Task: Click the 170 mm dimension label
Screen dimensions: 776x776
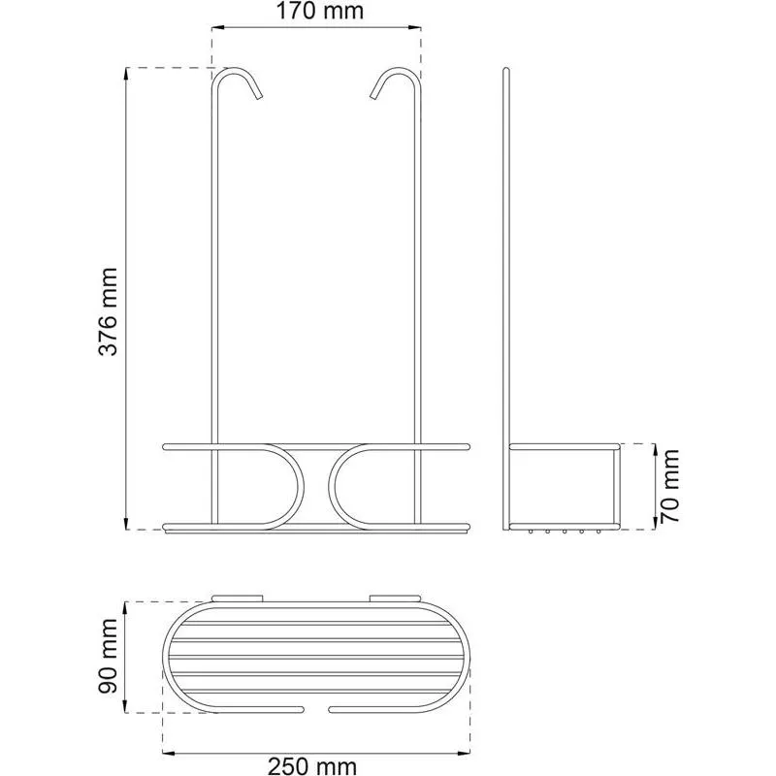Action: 319,11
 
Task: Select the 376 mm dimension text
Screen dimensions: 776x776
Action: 108,311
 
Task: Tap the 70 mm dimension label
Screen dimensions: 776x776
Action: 669,486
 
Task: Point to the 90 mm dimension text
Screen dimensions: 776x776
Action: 108,657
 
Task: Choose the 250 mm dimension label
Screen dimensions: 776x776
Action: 312,766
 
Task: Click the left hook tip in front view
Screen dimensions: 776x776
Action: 259,97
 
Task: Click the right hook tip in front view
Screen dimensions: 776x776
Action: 373,97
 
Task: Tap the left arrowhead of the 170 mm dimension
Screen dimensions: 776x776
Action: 216,28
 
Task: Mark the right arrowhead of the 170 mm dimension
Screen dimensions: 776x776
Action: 416,28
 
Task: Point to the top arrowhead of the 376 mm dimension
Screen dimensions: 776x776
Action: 127,72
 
